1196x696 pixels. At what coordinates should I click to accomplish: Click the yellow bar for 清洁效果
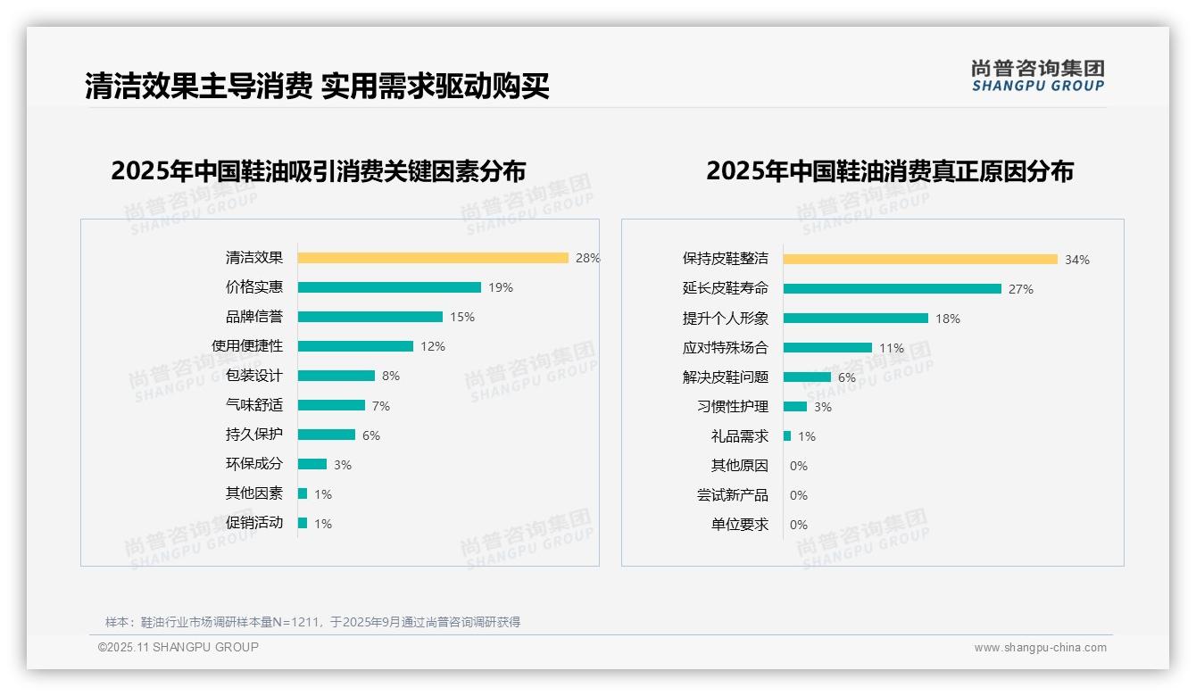pyautogui.click(x=433, y=258)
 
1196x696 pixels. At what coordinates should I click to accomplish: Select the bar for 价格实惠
pyautogui.click(x=389, y=287)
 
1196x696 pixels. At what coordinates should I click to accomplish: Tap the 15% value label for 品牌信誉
pyautogui.click(x=462, y=317)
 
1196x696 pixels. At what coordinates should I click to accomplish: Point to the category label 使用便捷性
pyautogui.click(x=247, y=346)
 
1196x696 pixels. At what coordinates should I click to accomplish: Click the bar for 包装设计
pyautogui.click(x=336, y=376)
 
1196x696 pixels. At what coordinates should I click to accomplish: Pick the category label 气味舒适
pyautogui.click(x=254, y=405)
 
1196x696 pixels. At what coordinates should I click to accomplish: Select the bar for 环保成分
pyautogui.click(x=312, y=464)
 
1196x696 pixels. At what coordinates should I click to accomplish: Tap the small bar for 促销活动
pyautogui.click(x=303, y=523)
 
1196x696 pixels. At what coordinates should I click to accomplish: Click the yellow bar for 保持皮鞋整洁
pyautogui.click(x=920, y=260)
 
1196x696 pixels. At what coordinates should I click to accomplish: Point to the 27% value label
pyautogui.click(x=1021, y=289)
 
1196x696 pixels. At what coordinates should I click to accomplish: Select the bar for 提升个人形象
pyautogui.click(x=856, y=319)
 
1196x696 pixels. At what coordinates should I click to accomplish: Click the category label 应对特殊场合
pyautogui.click(x=726, y=348)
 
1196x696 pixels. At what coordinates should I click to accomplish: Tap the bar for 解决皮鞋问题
pyautogui.click(x=807, y=377)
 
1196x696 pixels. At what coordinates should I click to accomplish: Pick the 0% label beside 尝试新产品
pyautogui.click(x=799, y=495)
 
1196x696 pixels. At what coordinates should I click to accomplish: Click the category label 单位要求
pyautogui.click(x=740, y=525)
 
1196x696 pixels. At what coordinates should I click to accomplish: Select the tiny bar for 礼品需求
pyautogui.click(x=787, y=436)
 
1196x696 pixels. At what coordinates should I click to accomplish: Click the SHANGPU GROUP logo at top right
pyautogui.click(x=1038, y=76)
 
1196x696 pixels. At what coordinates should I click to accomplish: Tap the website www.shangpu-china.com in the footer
pyautogui.click(x=1040, y=648)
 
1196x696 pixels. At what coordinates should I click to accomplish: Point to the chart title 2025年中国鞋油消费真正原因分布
pyautogui.click(x=890, y=171)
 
